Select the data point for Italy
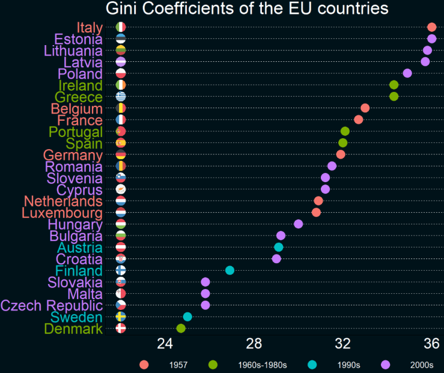click(431, 27)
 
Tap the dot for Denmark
click(181, 328)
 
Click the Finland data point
click(230, 270)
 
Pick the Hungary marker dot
click(298, 224)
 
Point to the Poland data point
click(407, 73)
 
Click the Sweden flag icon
click(121, 317)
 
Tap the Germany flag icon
click(121, 154)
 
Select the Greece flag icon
click(121, 97)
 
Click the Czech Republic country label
click(51, 305)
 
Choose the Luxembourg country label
click(62, 213)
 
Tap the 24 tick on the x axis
click(165, 344)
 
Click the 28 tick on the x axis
click(254, 344)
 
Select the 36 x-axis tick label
click(431, 344)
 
